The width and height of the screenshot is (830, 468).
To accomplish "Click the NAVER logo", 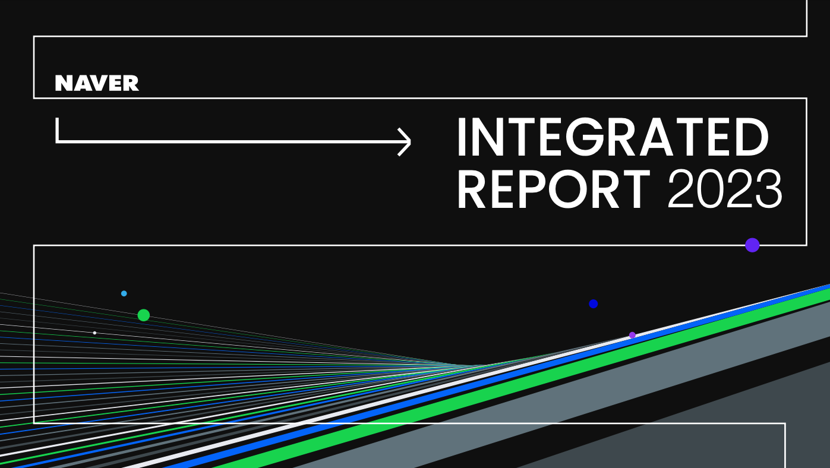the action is (x=97, y=83).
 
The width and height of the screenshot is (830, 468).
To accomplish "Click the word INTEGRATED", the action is (x=613, y=137).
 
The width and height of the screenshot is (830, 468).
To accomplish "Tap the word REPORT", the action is (x=554, y=189).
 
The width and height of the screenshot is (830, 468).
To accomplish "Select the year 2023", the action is (x=725, y=189).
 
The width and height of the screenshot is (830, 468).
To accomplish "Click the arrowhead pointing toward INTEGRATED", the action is (x=405, y=142).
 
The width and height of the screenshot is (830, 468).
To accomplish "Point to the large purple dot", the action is (x=752, y=245).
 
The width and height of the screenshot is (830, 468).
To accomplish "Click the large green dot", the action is (x=143, y=315).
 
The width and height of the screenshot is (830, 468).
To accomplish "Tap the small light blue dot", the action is (x=124, y=293).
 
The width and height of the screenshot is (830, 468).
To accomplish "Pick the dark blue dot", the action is (x=593, y=303).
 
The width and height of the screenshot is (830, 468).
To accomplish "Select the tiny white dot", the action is (x=95, y=333).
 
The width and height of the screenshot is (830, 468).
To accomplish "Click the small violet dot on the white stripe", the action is (x=632, y=335).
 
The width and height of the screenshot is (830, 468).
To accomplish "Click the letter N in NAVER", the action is (x=63, y=83).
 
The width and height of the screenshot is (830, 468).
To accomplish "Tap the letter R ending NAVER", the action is (x=131, y=83).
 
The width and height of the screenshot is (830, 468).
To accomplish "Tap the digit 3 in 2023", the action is (x=769, y=189).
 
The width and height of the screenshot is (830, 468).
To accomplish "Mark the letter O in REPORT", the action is (x=567, y=189).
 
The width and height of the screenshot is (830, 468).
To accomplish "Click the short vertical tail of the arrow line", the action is (x=57, y=129).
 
